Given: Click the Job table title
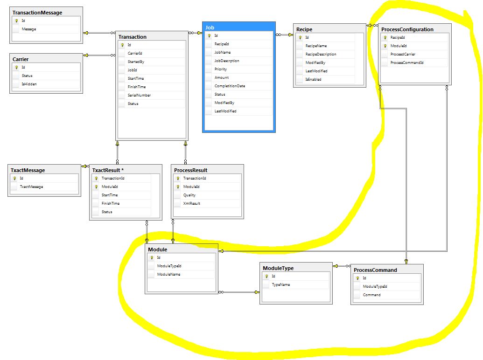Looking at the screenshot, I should (x=210, y=28).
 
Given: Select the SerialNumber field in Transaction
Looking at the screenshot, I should (x=139, y=95).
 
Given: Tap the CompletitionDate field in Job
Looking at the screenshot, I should (x=230, y=86).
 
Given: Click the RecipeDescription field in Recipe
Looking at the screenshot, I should (x=321, y=54).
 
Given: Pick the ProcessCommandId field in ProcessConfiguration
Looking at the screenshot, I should (x=406, y=62).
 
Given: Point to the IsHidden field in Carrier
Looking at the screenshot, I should (x=29, y=84).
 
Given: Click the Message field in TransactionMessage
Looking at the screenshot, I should (x=28, y=29).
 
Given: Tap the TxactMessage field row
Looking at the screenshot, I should (x=31, y=187).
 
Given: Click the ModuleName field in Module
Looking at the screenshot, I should (x=168, y=274).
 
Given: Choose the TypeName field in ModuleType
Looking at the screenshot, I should (x=281, y=284).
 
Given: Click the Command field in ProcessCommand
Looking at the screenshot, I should (x=371, y=295).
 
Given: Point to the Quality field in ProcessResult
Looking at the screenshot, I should (x=189, y=195).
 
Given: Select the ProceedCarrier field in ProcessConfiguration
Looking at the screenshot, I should (x=403, y=54).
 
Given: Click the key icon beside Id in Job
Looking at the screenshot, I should (x=210, y=36).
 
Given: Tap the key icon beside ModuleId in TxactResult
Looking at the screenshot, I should (x=97, y=187).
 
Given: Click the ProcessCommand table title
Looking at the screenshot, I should (x=375, y=270).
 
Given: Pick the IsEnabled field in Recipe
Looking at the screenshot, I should (x=313, y=79).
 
